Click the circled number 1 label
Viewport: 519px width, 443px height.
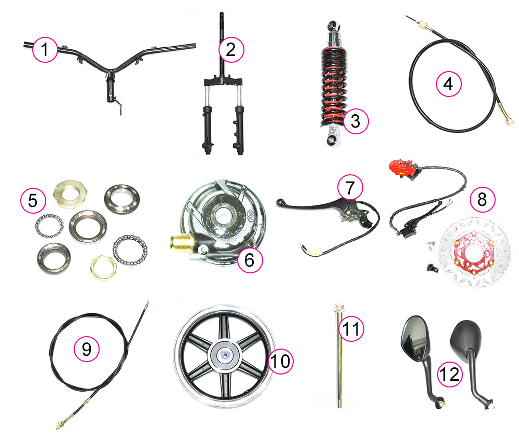pos(45,50)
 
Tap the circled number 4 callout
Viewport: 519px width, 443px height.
pos(448,84)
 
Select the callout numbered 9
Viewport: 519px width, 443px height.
pos(86,349)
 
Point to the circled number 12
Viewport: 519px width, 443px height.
pos(450,374)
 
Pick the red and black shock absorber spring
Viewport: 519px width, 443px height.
pos(334,87)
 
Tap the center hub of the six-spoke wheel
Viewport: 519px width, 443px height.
pos(225,355)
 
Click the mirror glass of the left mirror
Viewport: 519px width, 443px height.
pos(414,339)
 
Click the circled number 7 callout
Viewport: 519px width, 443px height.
pos(350,188)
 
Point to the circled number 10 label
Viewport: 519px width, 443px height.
pos(280,361)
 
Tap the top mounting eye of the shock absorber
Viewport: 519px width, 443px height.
pos(332,25)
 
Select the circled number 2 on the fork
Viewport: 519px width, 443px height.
pos(231,50)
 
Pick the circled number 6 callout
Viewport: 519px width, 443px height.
pos(250,260)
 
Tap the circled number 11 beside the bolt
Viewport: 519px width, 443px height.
pos(351,329)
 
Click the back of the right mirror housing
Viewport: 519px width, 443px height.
pos(465,337)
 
